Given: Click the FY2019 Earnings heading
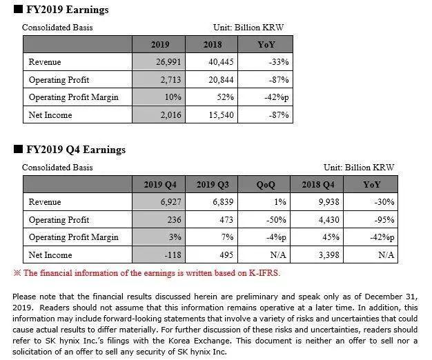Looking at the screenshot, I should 67,10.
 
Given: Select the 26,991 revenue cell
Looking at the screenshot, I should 169,62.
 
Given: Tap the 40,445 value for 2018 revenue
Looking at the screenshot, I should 220,62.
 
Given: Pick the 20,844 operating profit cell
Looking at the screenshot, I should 220,79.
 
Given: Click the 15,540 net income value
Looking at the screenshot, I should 220,115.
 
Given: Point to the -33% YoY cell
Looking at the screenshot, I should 275,62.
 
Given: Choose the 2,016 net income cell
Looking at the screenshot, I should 170,115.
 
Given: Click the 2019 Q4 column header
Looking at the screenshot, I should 160,184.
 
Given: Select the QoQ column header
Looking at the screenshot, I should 266,184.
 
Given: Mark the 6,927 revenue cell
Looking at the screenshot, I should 169,202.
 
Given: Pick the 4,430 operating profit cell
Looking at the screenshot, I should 325,220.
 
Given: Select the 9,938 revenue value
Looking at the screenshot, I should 325,202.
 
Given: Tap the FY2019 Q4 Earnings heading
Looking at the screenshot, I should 76,149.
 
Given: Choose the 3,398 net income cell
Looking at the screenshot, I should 325,255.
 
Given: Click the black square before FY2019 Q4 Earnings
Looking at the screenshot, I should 17,149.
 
